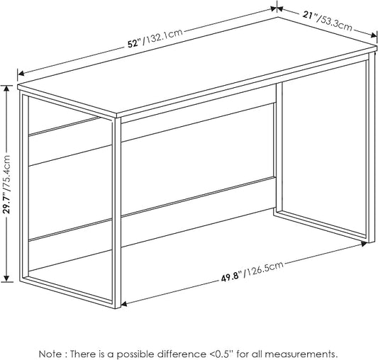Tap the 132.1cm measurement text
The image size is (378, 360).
click(x=164, y=37)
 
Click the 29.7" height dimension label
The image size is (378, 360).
click(x=6, y=202)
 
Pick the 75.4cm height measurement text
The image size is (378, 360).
click(x=6, y=171)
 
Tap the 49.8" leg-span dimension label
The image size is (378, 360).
click(x=231, y=277)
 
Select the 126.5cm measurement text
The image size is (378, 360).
click(x=264, y=269)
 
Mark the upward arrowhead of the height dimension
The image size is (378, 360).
click(x=7, y=89)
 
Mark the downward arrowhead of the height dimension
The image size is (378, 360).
click(x=7, y=278)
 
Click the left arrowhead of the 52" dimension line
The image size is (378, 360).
click(x=21, y=74)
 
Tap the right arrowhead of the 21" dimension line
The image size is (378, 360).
click(x=374, y=35)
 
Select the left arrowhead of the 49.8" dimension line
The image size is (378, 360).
click(x=124, y=304)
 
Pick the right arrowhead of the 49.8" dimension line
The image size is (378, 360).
click(x=363, y=244)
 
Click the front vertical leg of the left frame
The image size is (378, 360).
click(x=117, y=213)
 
